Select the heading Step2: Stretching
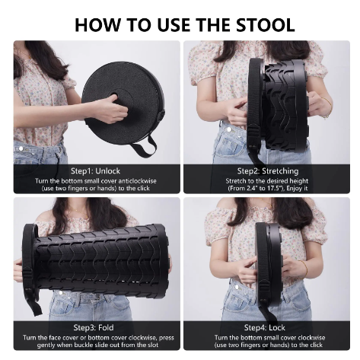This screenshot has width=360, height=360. (x=267, y=170)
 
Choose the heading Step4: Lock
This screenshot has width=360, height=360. (x=267, y=327)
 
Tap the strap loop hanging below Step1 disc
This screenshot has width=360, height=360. (x=142, y=145)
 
